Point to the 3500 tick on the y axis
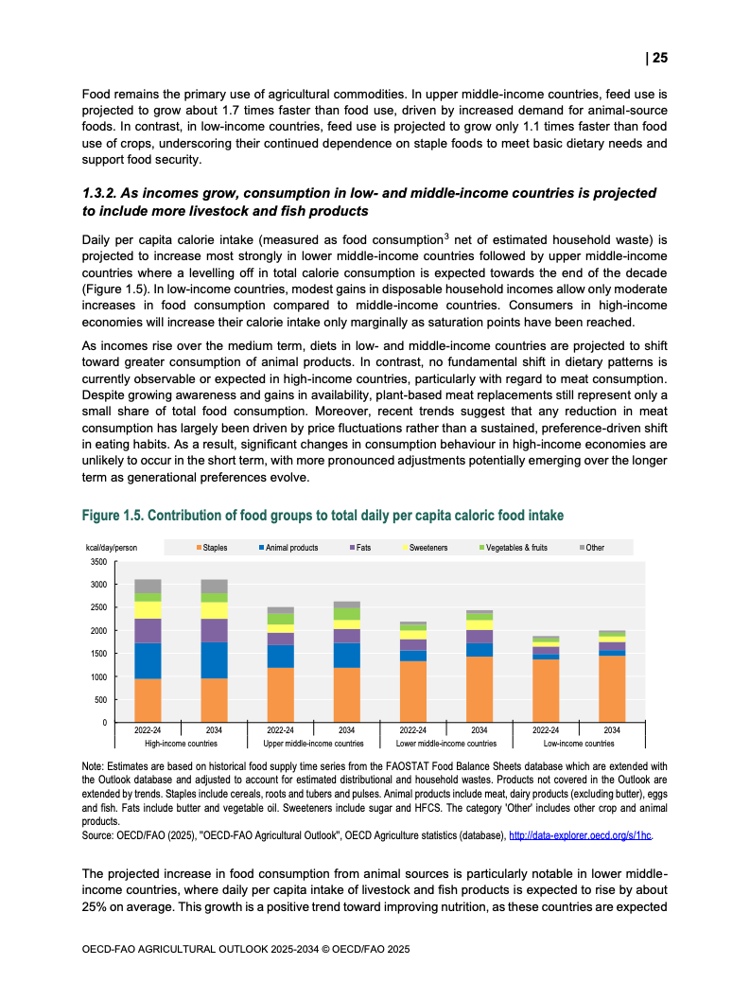[x=98, y=562]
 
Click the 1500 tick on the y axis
[x=98, y=654]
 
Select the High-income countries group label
[x=181, y=744]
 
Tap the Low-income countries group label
[x=579, y=744]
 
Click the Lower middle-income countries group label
[x=445, y=744]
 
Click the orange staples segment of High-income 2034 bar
[x=215, y=700]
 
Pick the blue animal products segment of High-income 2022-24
[x=148, y=660]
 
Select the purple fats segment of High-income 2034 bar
[x=215, y=630]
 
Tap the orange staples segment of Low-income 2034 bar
[x=612, y=689]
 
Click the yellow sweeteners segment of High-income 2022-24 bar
[x=148, y=610]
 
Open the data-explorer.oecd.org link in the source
[x=581, y=836]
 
